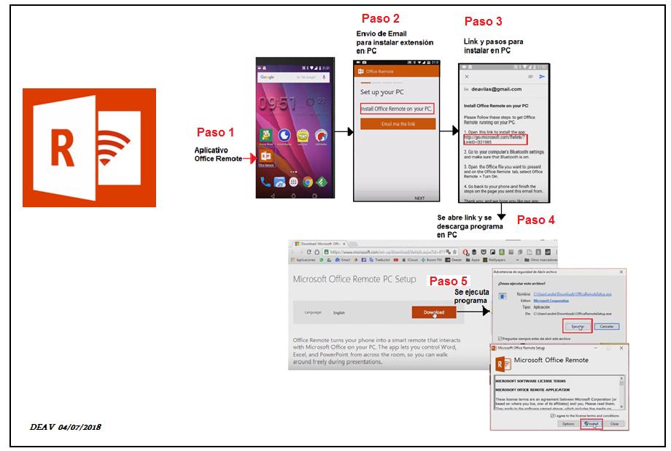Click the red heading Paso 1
pos(216,132)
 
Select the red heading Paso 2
pos(380,18)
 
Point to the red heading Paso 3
pos(483,21)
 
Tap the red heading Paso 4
pos(535,219)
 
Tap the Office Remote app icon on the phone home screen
pos(265,158)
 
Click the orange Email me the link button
pos(397,124)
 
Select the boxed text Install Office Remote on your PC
pos(397,109)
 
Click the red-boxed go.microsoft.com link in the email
pos(495,139)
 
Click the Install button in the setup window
pos(592,423)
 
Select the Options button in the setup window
pos(567,423)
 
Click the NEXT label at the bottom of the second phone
pos(419,198)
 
